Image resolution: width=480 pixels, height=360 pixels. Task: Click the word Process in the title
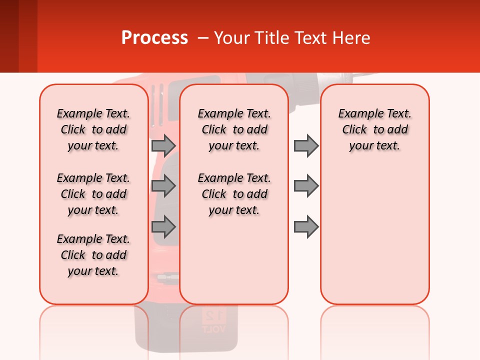(x=154, y=38)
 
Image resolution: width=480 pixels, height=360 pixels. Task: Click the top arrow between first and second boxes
(x=163, y=145)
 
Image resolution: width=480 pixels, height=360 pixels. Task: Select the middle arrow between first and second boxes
(x=163, y=186)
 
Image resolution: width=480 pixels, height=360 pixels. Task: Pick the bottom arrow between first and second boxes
(x=163, y=226)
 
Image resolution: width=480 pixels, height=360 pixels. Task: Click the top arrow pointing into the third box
(x=306, y=145)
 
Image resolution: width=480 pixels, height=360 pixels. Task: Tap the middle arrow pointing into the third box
(x=306, y=186)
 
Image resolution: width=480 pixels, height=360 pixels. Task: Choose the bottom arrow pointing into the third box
(x=306, y=226)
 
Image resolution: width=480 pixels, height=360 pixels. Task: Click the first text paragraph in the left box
(x=93, y=129)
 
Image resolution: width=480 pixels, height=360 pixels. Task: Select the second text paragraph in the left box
(x=93, y=194)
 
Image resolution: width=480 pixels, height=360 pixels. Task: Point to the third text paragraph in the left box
(x=93, y=255)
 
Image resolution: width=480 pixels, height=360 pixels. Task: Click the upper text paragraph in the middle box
(x=234, y=129)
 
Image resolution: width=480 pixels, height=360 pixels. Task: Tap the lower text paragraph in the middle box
(x=234, y=194)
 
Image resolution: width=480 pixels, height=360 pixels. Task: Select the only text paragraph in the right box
(x=374, y=129)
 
